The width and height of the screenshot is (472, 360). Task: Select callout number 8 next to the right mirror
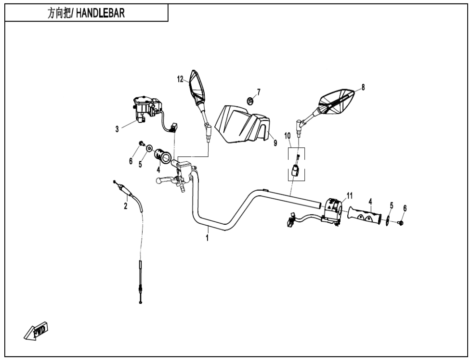[363, 87]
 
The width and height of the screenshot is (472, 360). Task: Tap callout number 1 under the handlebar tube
[208, 238]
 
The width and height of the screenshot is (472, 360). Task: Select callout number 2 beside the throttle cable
[126, 206]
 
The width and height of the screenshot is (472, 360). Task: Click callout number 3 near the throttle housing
[117, 129]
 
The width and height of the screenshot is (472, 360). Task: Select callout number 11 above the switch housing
[350, 195]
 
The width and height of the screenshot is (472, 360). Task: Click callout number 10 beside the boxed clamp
[288, 136]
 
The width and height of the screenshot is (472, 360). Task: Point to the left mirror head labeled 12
[197, 88]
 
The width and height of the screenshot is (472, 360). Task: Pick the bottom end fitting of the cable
[140, 301]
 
